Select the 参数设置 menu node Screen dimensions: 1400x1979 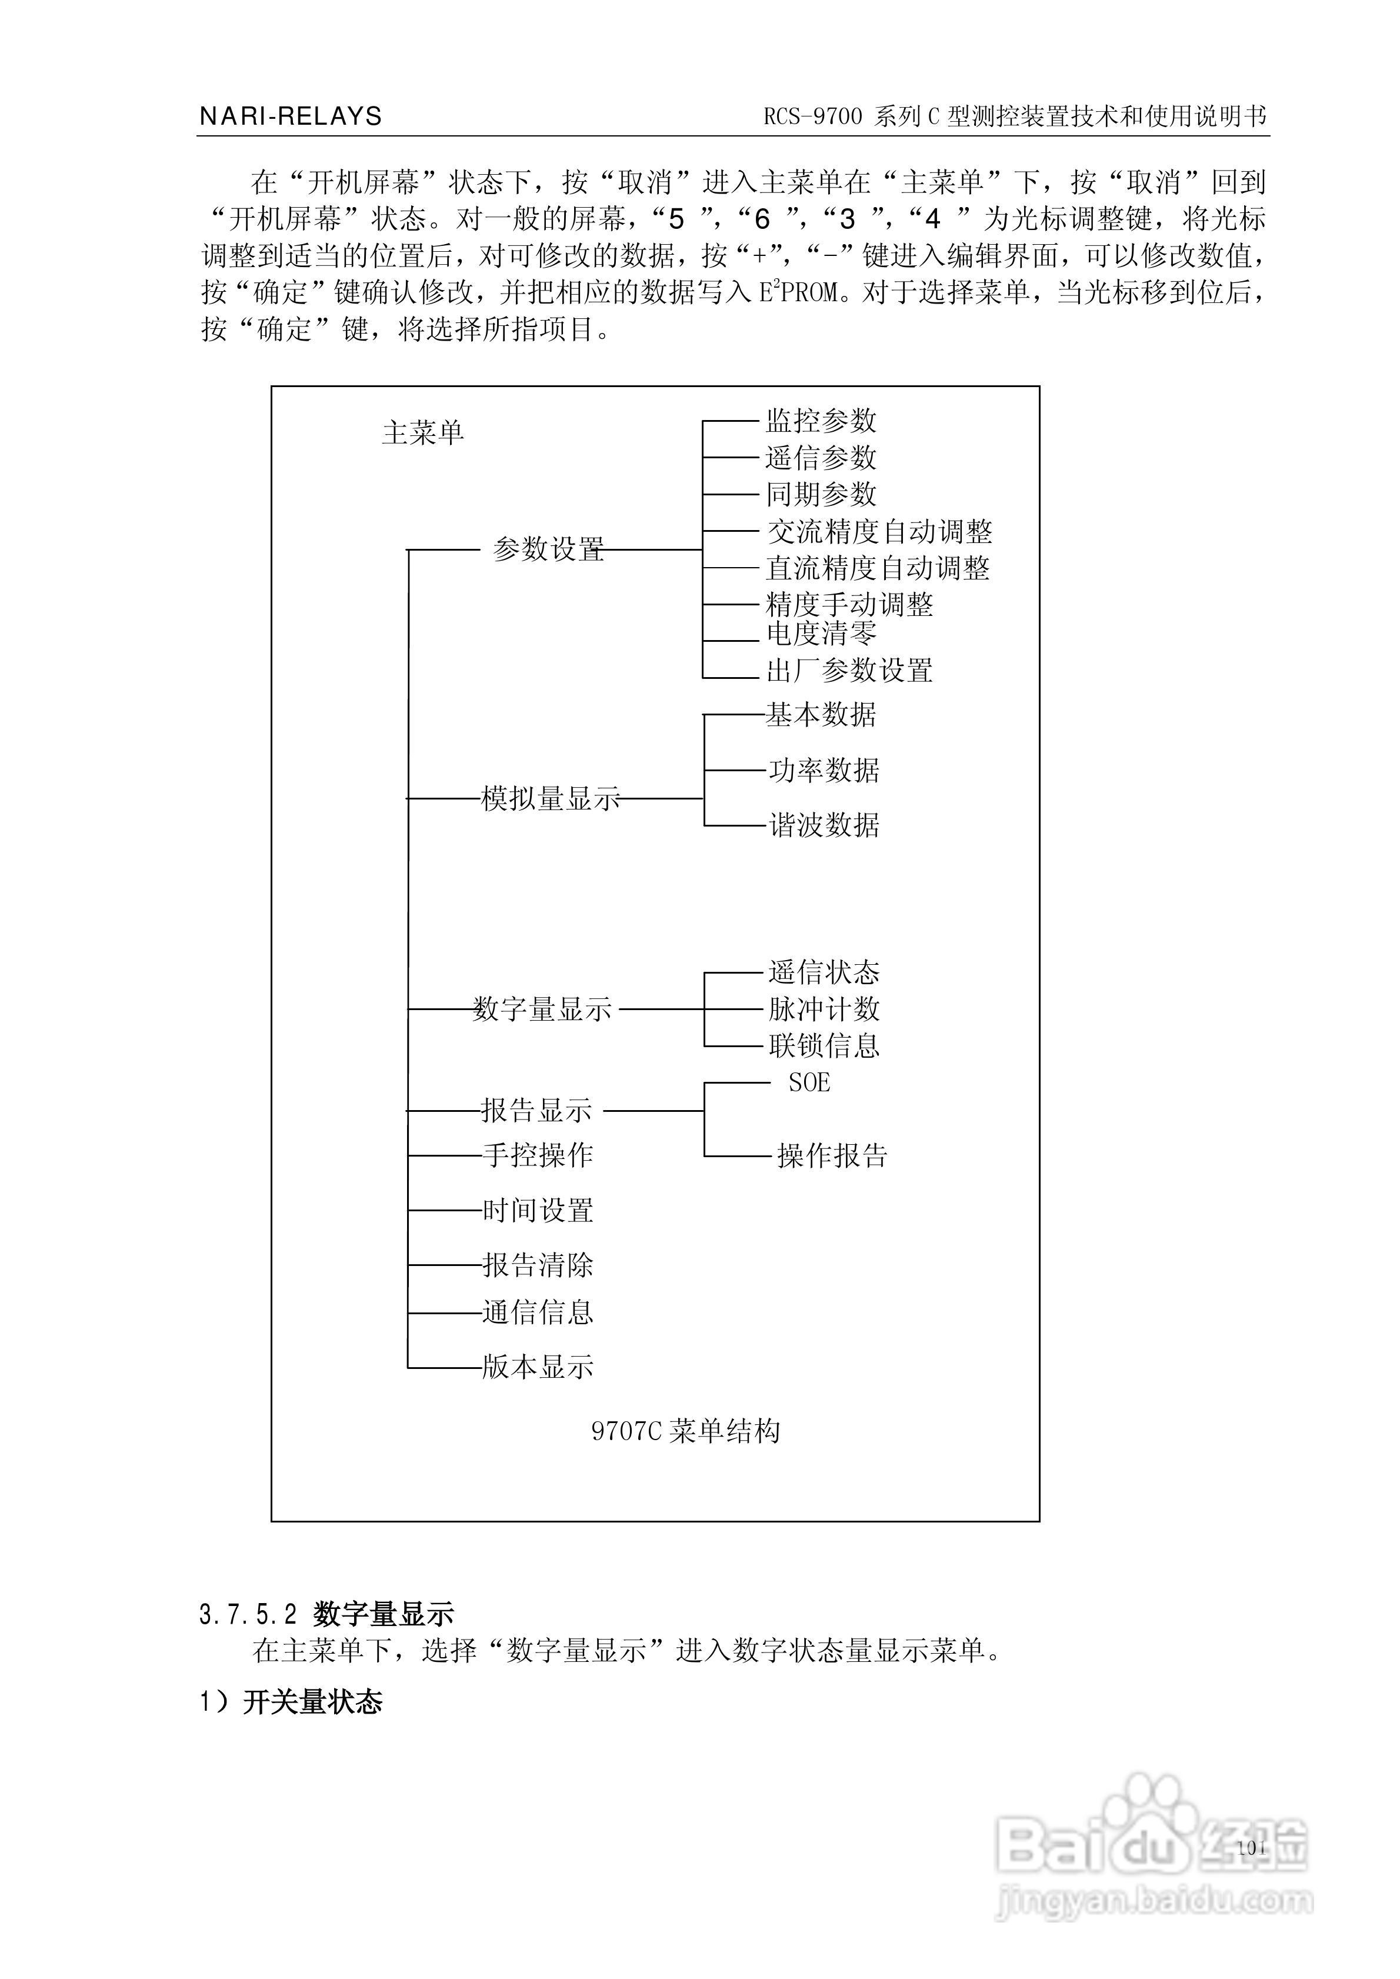coord(548,549)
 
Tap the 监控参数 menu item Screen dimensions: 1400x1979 coord(821,421)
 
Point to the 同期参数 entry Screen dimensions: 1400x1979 coord(821,495)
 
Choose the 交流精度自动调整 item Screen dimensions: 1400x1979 coord(879,532)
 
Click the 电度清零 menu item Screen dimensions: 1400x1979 coord(821,634)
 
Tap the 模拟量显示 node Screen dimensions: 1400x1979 coord(550,799)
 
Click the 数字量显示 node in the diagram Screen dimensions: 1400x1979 coord(542,1008)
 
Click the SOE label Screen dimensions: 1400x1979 coord(809,1082)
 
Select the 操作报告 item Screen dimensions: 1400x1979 coord(832,1156)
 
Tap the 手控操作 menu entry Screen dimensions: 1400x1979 coord(537,1155)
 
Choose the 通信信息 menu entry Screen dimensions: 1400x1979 coord(537,1312)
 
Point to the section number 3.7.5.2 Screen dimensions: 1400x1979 coord(248,1614)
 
